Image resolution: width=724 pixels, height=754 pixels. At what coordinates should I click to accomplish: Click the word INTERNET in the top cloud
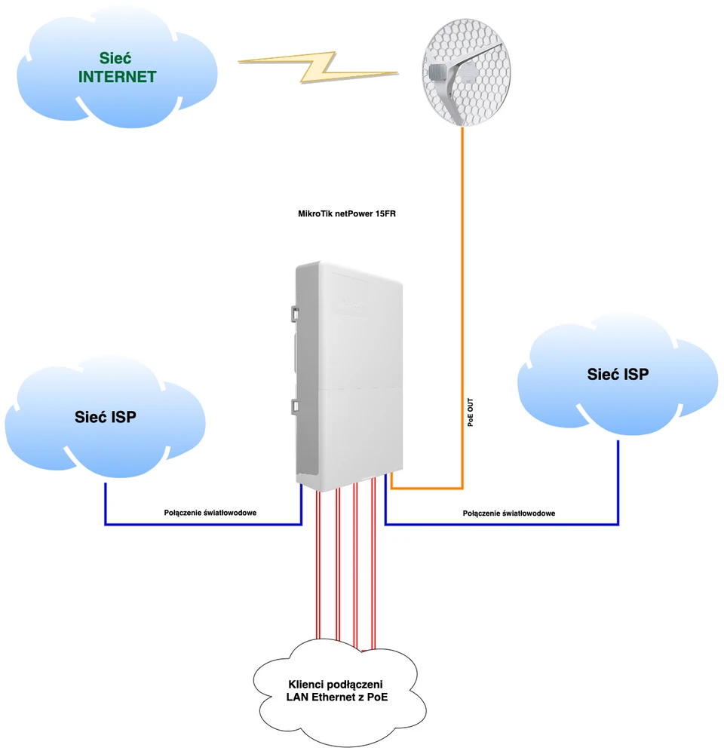(x=118, y=77)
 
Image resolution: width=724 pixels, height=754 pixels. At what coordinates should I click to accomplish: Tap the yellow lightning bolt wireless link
(x=317, y=66)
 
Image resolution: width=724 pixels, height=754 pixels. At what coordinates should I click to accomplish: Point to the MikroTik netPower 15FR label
(x=347, y=214)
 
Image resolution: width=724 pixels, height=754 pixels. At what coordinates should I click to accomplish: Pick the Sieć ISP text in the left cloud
(x=106, y=417)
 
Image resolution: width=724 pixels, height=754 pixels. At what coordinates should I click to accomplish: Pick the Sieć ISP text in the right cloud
(x=618, y=374)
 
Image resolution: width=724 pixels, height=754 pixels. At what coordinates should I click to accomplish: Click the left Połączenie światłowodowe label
(x=210, y=513)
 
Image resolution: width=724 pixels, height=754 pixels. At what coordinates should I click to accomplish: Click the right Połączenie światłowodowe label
(x=509, y=513)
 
